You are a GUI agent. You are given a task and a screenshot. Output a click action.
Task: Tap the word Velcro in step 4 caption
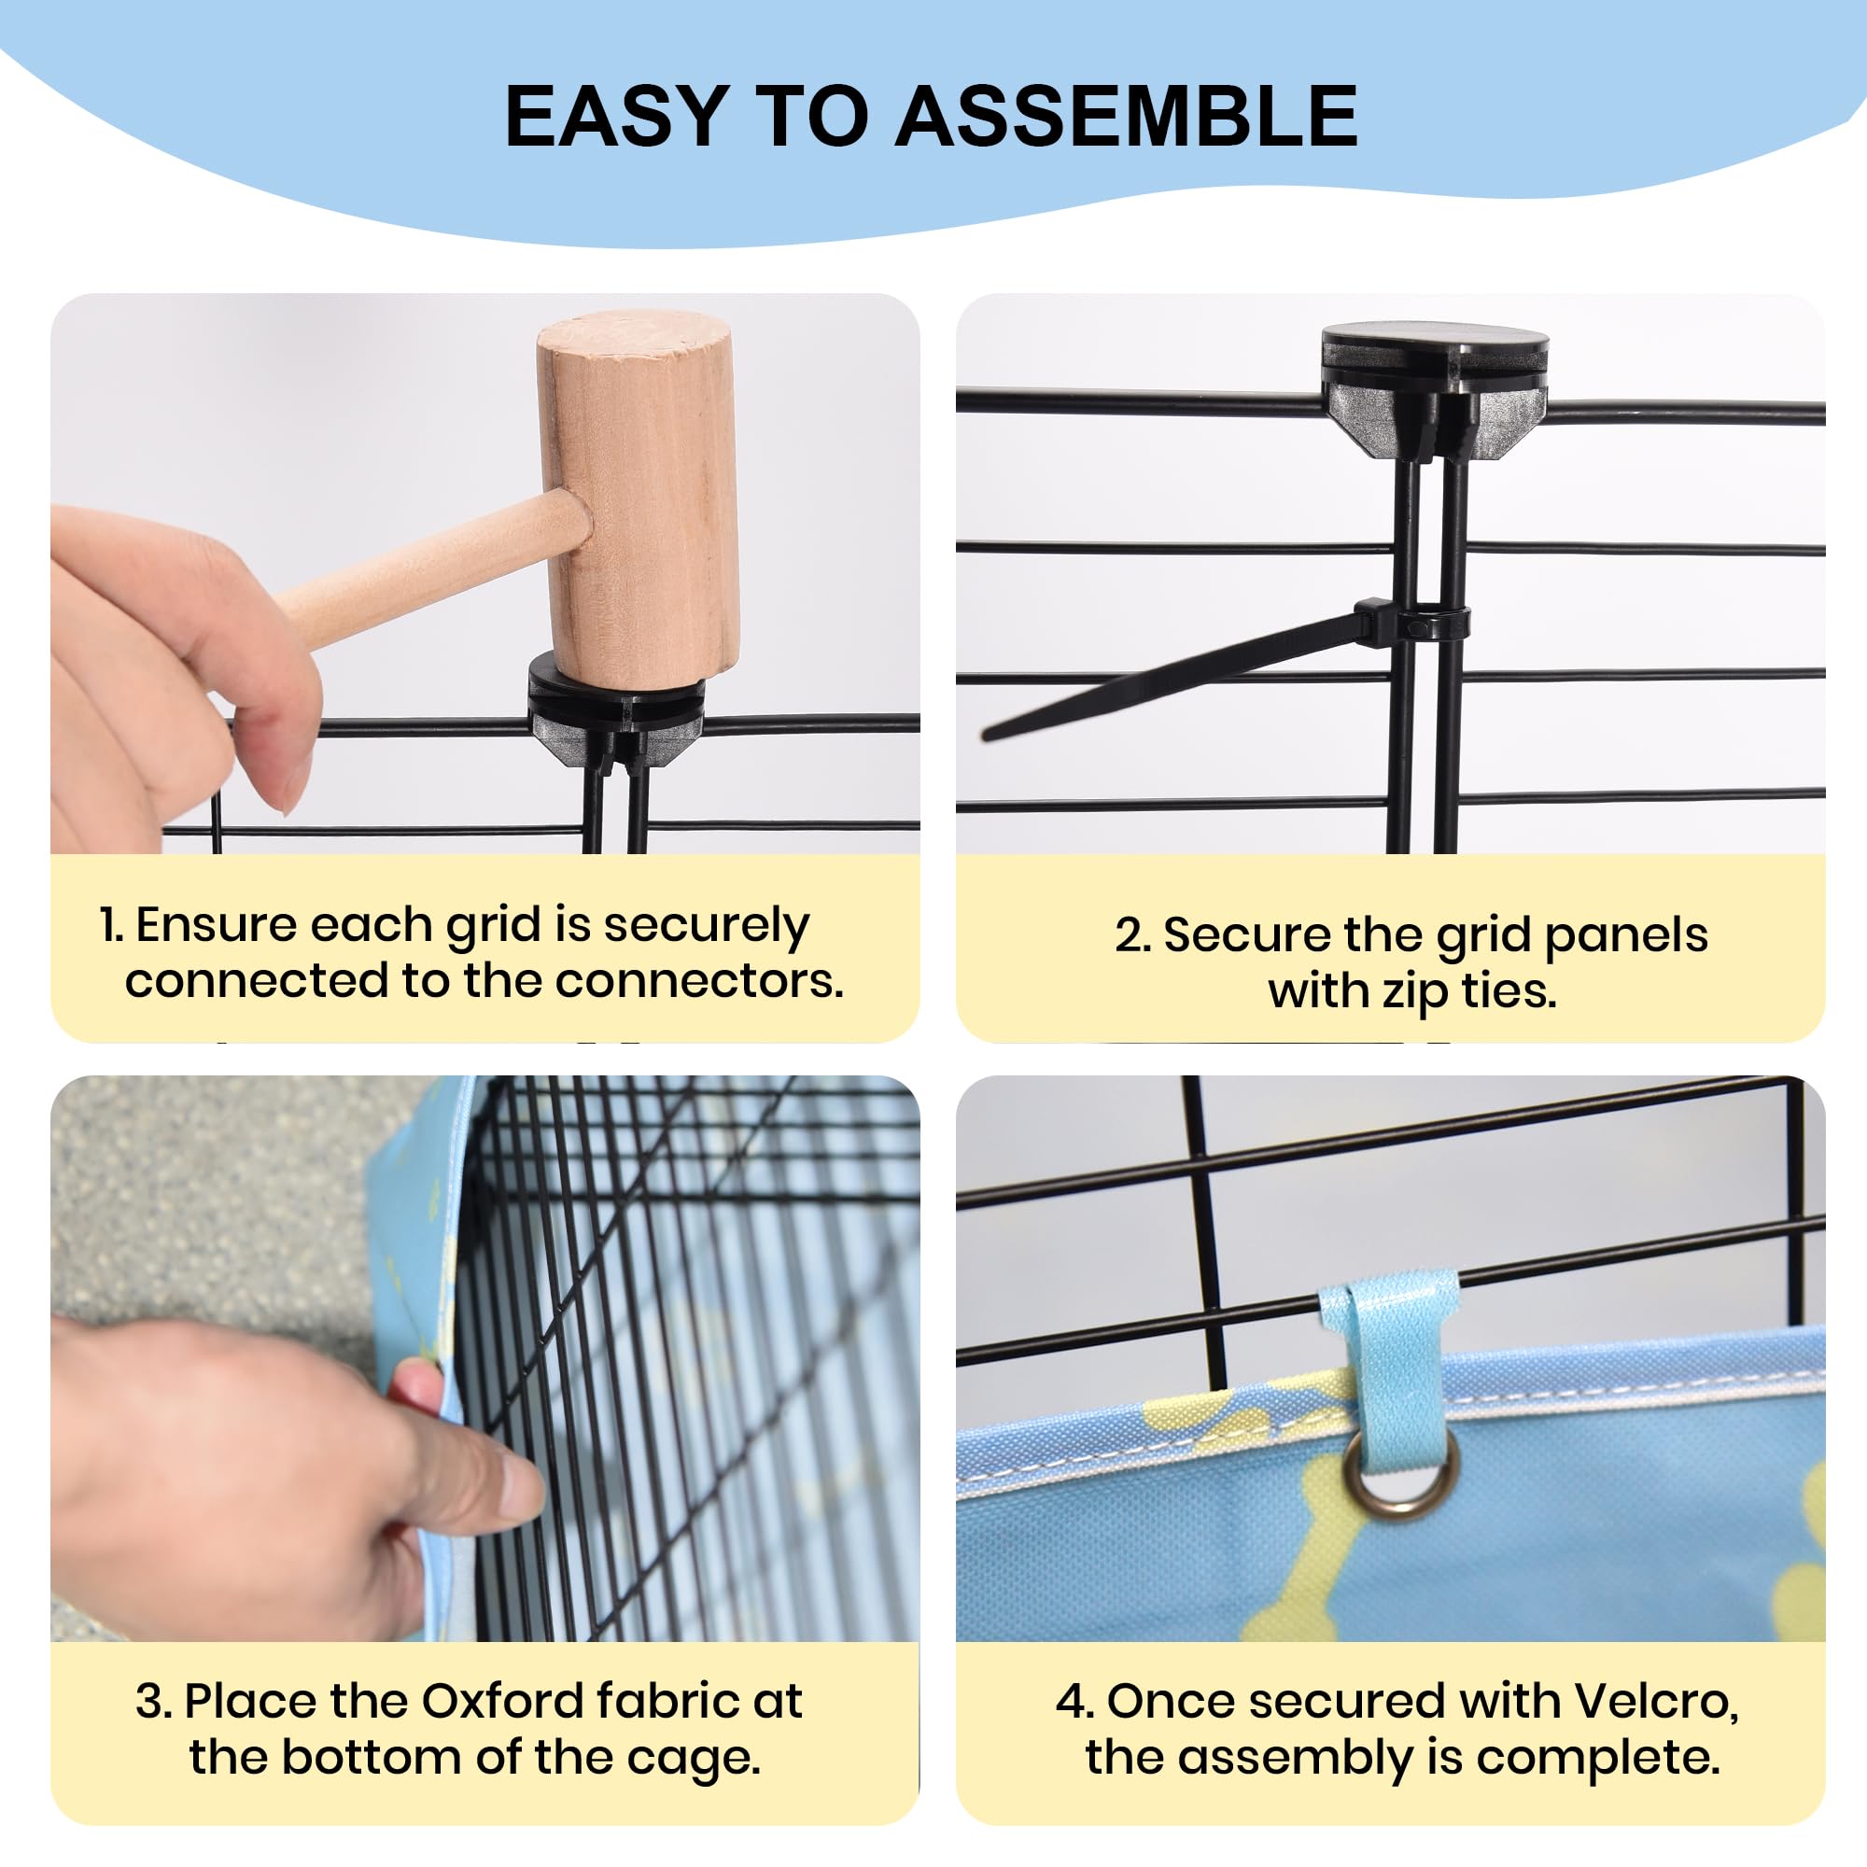(x=1656, y=1701)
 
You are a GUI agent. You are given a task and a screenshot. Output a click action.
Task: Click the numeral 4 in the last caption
(x=1070, y=1702)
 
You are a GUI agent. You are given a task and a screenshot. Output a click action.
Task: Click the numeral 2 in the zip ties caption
(x=1129, y=935)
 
